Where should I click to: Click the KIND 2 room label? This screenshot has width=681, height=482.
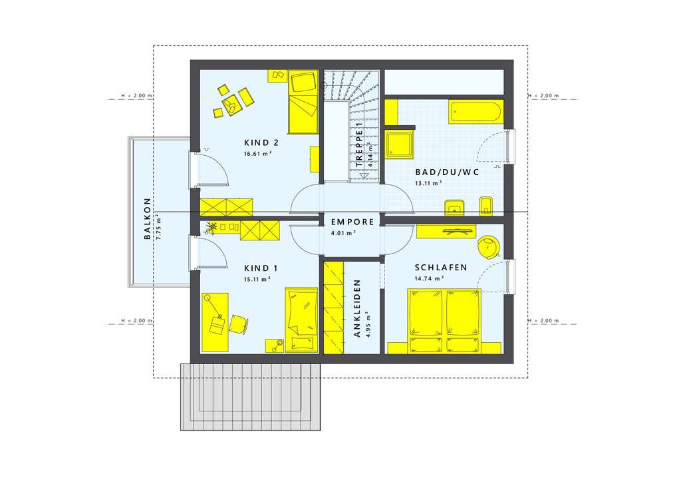pyautogui.click(x=261, y=142)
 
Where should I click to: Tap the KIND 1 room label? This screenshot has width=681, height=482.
pyautogui.click(x=261, y=268)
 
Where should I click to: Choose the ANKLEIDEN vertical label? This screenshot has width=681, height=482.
pyautogui.click(x=357, y=308)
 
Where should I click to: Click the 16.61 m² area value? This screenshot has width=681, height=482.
pyautogui.click(x=258, y=153)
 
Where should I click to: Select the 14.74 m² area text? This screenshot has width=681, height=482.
pyautogui.click(x=429, y=279)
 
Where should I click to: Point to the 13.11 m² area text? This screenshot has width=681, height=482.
pyautogui.click(x=429, y=183)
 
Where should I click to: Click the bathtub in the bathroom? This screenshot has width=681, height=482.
pyautogui.click(x=476, y=112)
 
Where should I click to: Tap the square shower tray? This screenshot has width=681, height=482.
pyautogui.click(x=400, y=145)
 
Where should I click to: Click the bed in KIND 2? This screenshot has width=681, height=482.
pyautogui.click(x=303, y=102)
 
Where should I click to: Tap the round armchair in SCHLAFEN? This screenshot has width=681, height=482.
pyautogui.click(x=489, y=247)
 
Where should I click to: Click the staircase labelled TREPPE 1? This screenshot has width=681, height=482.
pyautogui.click(x=351, y=126)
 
